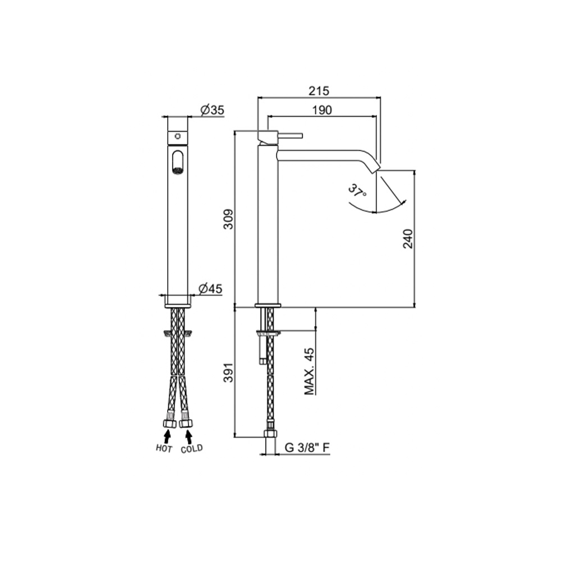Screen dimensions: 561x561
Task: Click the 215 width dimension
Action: [x=319, y=91]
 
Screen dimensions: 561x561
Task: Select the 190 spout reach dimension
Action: [x=322, y=110]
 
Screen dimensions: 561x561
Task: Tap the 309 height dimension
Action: [x=228, y=219]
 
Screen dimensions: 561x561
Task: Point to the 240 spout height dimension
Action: [x=407, y=238]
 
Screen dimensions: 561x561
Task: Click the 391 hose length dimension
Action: [x=228, y=373]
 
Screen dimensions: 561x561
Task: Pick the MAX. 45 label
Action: [x=310, y=371]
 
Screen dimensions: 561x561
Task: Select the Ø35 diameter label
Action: [x=212, y=110]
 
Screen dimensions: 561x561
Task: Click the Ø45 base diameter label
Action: [x=210, y=288]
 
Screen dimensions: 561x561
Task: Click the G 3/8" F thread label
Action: [x=307, y=448]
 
